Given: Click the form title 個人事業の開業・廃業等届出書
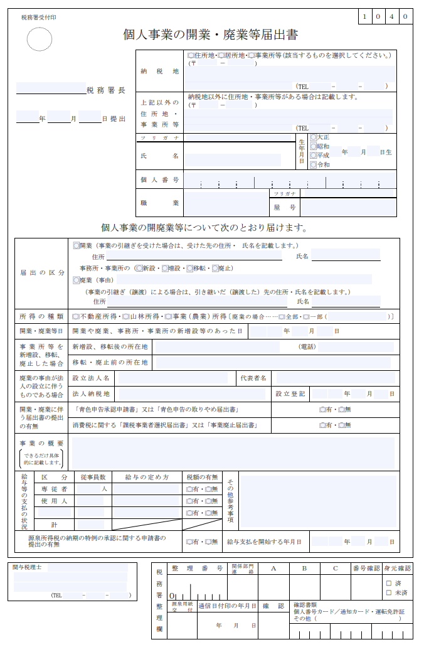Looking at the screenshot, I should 210,35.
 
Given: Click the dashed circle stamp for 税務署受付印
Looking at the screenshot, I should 39,40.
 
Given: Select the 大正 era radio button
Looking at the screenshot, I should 313,137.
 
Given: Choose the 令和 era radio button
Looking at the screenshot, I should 313,165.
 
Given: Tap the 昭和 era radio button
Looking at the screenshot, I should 313,146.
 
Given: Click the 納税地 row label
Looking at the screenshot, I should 160,71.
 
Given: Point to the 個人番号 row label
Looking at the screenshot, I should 160,180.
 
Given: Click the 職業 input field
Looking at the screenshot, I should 226,203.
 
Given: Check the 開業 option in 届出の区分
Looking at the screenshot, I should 77,245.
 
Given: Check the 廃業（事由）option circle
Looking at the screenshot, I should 77,280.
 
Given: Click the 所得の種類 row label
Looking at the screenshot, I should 41,316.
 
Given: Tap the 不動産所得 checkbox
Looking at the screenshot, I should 75,316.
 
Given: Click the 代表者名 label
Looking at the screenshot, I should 253,378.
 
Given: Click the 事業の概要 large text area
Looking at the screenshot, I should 233,452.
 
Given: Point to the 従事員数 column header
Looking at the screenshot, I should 93,478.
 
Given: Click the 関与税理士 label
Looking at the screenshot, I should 27,567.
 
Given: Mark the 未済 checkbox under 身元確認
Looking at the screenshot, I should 389,592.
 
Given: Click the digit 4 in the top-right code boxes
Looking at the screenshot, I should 391,16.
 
